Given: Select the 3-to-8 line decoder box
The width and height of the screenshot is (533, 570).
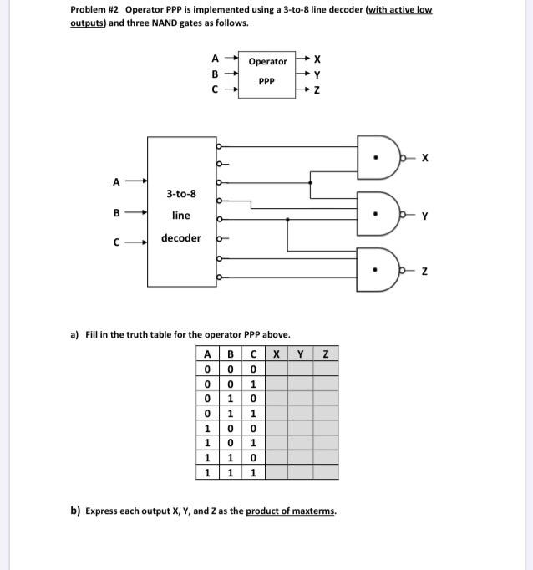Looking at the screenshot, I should [x=181, y=211].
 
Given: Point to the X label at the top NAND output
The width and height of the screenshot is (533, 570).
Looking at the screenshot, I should [x=425, y=157].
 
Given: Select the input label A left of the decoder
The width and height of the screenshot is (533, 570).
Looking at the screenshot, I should [x=116, y=180].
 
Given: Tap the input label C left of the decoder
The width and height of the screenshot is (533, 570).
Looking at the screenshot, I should [x=118, y=243].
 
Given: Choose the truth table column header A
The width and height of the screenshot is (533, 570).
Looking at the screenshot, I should [x=206, y=354].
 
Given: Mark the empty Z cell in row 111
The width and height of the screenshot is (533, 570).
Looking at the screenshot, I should [x=326, y=472].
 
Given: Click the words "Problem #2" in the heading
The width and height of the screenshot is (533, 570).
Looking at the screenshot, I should [x=94, y=10].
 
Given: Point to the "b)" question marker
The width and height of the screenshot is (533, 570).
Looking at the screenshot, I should [x=75, y=511].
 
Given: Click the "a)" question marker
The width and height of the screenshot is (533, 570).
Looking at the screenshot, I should [x=75, y=334].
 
